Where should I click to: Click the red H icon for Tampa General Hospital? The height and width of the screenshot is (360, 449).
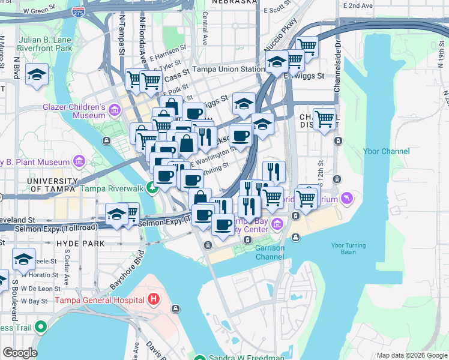[154, 299]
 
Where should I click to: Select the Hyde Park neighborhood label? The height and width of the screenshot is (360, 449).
[80, 243]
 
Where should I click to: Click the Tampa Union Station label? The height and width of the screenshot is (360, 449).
[228, 69]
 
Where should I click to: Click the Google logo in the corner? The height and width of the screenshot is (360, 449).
[19, 353]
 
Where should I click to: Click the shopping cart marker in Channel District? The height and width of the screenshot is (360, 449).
[324, 118]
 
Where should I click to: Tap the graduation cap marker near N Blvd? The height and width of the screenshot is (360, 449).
[37, 75]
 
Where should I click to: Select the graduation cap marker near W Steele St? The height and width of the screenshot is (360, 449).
[24, 260]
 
